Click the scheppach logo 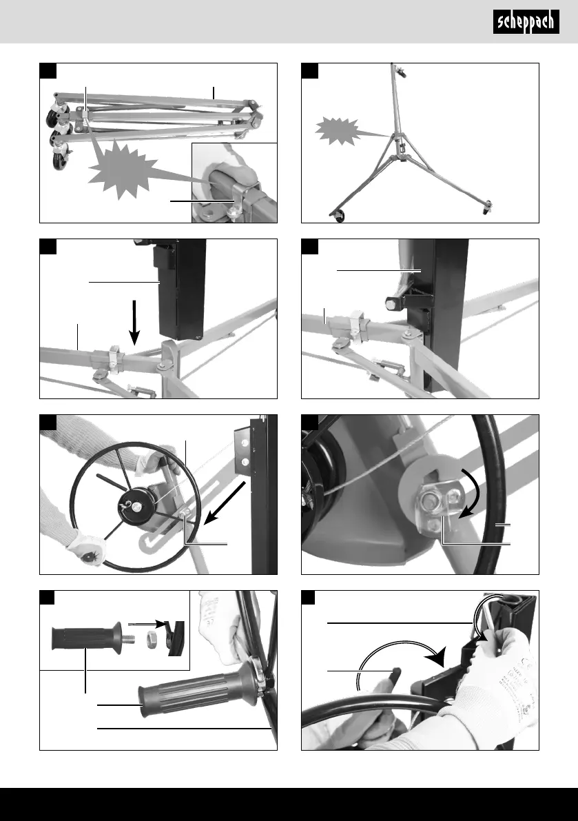coord(526,22)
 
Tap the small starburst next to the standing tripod coord(338,130)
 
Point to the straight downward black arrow coord(135,323)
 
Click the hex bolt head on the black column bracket coord(392,303)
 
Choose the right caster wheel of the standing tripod coord(486,207)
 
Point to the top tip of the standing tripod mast coord(392,64)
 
